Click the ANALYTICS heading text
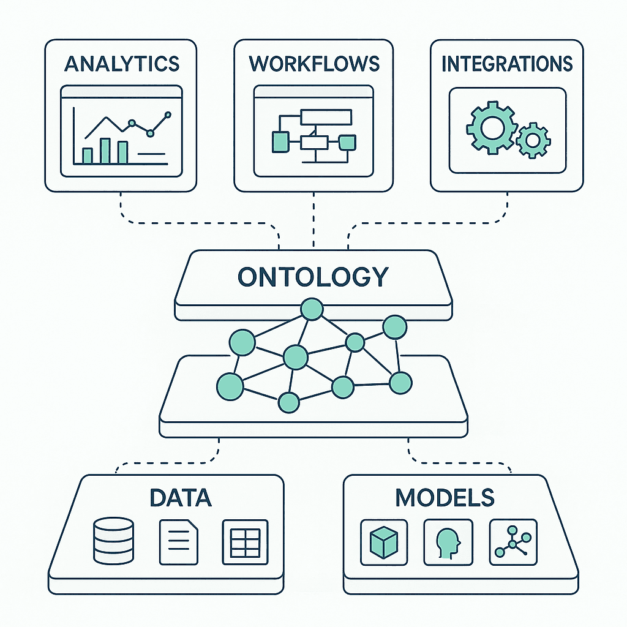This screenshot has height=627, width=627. (121, 64)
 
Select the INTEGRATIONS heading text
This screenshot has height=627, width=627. (507, 64)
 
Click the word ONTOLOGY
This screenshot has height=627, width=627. (313, 277)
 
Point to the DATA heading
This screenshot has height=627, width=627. (180, 497)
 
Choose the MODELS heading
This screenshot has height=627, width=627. (445, 497)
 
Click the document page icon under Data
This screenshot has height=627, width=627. (179, 542)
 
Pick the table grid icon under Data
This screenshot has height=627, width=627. (245, 542)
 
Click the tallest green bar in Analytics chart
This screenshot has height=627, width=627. (105, 151)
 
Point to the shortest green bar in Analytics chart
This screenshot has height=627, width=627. (88, 156)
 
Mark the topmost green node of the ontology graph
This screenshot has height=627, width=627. (312, 309)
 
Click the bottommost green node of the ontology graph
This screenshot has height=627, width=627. (288, 402)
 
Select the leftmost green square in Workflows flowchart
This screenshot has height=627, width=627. (279, 141)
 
